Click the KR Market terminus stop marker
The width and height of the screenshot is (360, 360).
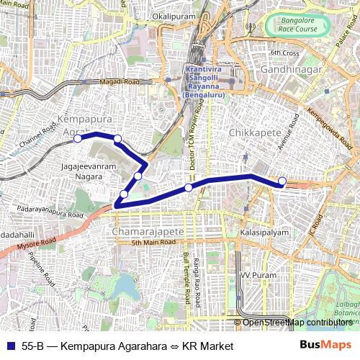point(282,181)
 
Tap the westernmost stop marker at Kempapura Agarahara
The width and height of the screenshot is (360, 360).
point(78,139)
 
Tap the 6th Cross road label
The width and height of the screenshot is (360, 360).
point(284,53)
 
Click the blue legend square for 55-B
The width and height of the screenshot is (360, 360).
point(10,346)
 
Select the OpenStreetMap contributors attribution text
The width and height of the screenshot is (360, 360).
point(297,322)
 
